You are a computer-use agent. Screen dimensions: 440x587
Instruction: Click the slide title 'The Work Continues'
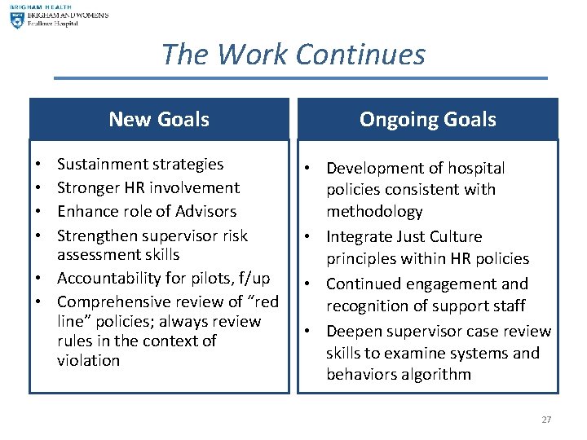pyautogui.click(x=293, y=55)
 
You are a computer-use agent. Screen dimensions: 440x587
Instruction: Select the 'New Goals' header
pyautogui.click(x=159, y=119)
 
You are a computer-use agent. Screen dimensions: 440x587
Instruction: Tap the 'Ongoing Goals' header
pyautogui.click(x=427, y=119)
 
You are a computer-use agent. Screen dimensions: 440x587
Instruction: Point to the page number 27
pyautogui.click(x=546, y=420)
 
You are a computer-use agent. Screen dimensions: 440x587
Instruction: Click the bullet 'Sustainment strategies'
pyautogui.click(x=139, y=164)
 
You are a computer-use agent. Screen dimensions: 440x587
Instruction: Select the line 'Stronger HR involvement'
pyautogui.click(x=148, y=187)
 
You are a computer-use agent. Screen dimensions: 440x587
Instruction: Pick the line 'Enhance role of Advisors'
pyautogui.click(x=147, y=211)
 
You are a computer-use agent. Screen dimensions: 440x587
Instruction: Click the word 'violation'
pyautogui.click(x=88, y=360)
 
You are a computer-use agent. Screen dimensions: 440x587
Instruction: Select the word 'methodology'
pyautogui.click(x=374, y=211)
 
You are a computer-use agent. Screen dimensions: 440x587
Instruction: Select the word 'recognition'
pyautogui.click(x=372, y=306)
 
